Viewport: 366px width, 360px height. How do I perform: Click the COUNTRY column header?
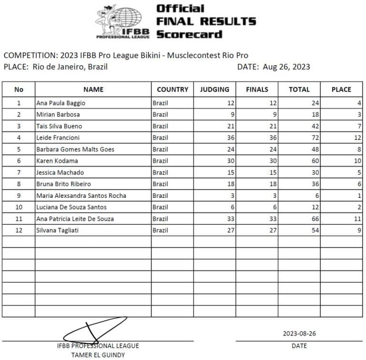tap(173, 89)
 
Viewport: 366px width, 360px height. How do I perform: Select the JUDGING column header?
tap(214, 89)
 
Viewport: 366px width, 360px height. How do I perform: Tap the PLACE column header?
tap(341, 89)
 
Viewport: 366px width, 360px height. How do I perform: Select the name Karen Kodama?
tap(57, 161)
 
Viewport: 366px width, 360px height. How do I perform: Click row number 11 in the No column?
tap(19, 219)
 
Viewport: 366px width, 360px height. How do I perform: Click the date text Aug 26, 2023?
tap(286, 67)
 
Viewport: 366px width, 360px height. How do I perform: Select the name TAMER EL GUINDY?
tap(98, 354)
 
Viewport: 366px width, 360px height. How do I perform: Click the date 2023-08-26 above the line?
tap(299, 334)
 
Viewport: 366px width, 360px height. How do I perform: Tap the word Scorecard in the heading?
tap(189, 34)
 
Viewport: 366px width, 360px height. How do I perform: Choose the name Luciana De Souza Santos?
tap(71, 207)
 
